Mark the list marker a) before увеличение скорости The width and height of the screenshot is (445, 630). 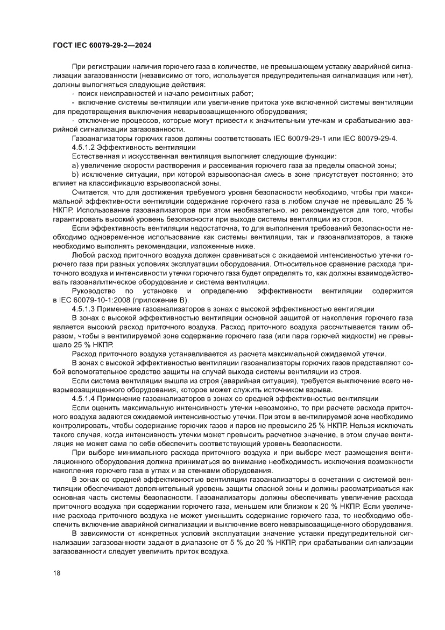click(x=75, y=165)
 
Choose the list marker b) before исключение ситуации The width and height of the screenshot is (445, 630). click(x=75, y=174)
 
